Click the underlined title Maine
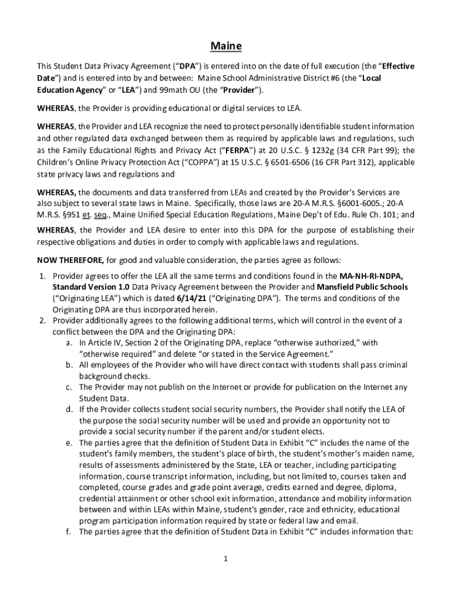coord(226,46)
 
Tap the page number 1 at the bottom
coord(225,558)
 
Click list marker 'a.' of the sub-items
coord(69,343)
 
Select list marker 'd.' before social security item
coord(69,410)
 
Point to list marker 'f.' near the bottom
coord(69,532)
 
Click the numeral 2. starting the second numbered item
coord(43,320)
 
